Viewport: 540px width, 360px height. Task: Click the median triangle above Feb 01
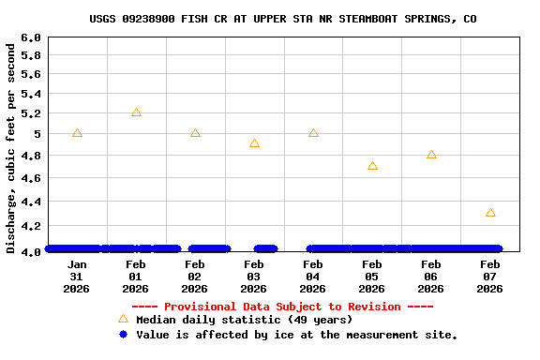(x=136, y=112)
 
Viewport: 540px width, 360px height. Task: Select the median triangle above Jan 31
(x=77, y=133)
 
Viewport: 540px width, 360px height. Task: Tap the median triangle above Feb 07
(x=490, y=213)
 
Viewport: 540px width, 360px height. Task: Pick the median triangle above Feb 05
(x=372, y=166)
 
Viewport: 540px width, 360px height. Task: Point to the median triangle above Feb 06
(x=431, y=155)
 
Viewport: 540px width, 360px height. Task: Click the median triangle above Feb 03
(x=254, y=143)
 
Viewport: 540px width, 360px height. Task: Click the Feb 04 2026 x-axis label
(x=313, y=277)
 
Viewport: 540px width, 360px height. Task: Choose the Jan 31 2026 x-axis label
(x=77, y=277)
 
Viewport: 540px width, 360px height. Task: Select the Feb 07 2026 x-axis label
(x=490, y=277)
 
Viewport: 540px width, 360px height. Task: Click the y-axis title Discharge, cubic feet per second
(x=11, y=145)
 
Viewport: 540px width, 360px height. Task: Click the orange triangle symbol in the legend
(x=122, y=319)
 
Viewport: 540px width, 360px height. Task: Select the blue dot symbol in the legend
(x=122, y=335)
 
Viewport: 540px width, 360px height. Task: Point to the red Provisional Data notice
(x=282, y=307)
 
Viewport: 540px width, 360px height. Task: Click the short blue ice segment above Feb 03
(x=265, y=248)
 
